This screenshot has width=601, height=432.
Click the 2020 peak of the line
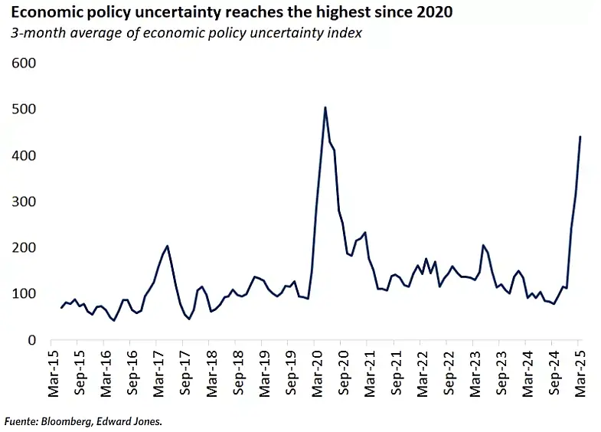tap(325, 107)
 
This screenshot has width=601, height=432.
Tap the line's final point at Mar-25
tap(580, 136)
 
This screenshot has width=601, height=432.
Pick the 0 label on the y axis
tap(31, 340)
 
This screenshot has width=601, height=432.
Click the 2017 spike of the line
tap(167, 246)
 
